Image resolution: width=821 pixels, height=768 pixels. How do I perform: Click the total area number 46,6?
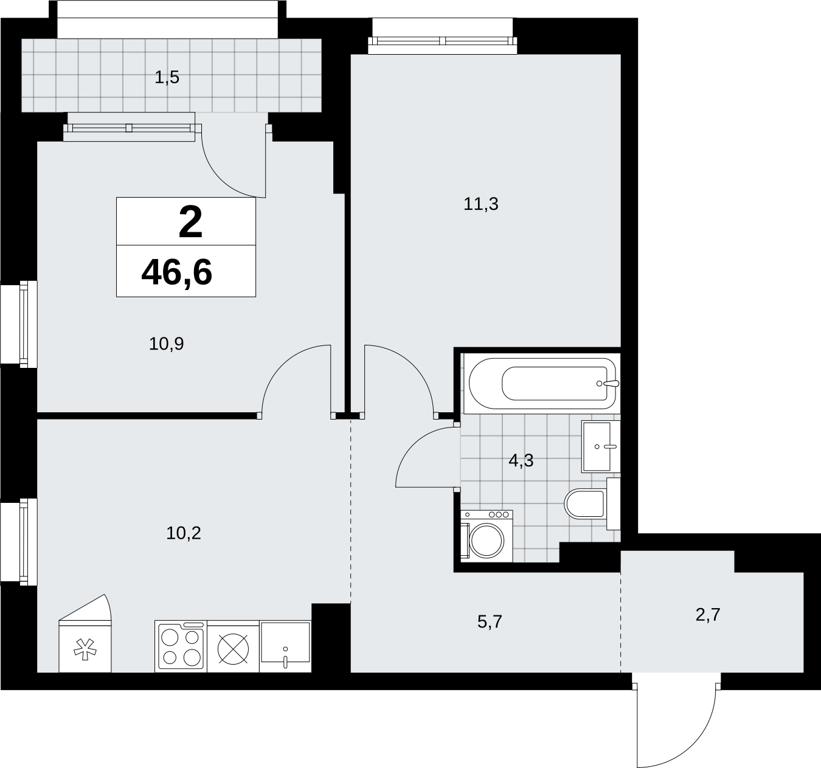(x=176, y=272)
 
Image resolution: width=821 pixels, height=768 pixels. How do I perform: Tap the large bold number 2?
(x=190, y=223)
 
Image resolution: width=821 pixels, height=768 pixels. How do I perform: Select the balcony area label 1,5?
(x=167, y=77)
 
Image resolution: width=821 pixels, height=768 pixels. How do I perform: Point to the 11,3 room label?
(x=481, y=204)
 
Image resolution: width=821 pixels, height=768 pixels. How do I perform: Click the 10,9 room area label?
(x=166, y=344)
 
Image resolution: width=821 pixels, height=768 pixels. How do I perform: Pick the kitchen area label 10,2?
(x=184, y=533)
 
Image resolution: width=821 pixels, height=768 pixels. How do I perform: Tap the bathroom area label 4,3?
(x=521, y=460)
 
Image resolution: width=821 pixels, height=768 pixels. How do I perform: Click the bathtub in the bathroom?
(x=542, y=384)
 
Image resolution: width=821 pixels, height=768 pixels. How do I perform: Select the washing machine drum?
(x=487, y=540)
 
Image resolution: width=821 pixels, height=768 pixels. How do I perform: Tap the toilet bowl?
(x=585, y=504)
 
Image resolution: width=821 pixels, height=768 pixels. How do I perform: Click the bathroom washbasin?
(x=600, y=446)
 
